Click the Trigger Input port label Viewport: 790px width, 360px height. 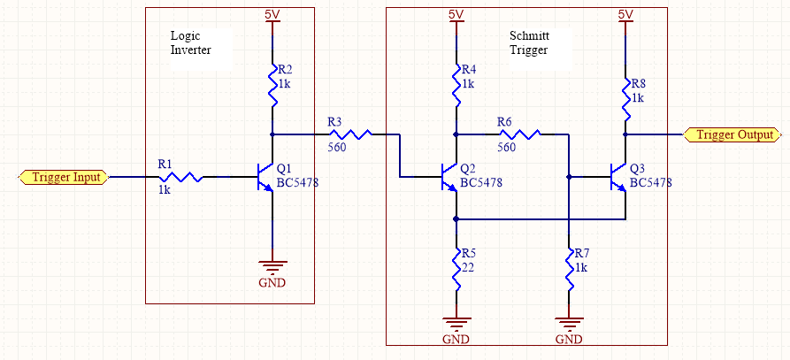coord(64,177)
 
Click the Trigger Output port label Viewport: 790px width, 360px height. coord(733,134)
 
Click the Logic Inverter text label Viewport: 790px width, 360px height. coord(190,43)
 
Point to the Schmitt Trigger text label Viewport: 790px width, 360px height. coord(528,43)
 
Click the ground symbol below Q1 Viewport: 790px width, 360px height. coord(272,268)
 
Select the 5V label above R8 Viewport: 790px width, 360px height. coord(625,14)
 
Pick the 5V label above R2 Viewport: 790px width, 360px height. coord(272,14)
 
